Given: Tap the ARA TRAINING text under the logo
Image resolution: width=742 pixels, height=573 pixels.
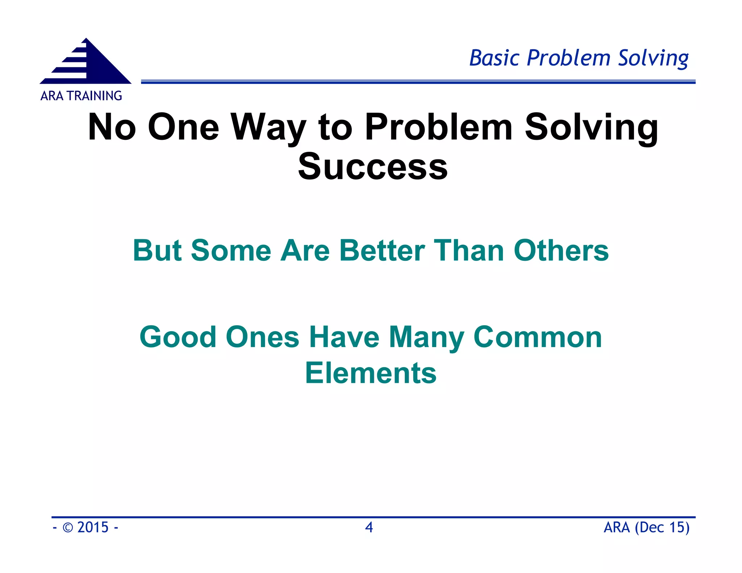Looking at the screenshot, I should point(81,96).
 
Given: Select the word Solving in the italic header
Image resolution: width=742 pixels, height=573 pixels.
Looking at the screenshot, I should point(653,58).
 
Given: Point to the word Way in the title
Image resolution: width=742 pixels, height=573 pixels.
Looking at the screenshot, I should point(268,127).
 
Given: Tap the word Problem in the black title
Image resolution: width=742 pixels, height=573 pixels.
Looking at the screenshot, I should point(438,127).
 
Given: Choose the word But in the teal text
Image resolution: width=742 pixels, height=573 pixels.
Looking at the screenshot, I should point(157,250).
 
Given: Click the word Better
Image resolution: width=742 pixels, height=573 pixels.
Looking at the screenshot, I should point(382,250).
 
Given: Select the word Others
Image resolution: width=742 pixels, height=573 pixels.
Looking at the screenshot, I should point(561,250).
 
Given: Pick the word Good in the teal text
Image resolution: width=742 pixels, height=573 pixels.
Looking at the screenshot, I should point(178,337).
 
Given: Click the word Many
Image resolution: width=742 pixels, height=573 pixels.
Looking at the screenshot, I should point(426,337).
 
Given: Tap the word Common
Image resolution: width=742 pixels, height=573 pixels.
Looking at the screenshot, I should point(538,337).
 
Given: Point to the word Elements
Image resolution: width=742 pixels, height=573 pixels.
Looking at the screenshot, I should point(371,373).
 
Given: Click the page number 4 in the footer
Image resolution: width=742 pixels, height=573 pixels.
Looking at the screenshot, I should point(369,527).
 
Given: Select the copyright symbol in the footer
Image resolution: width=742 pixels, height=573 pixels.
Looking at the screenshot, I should point(68,528).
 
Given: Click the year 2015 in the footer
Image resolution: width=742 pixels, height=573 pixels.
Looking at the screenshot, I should point(93,527).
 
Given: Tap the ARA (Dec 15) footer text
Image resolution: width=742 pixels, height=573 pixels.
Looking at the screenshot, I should point(646,527).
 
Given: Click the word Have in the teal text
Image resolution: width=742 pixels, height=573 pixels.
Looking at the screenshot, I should point(344,337).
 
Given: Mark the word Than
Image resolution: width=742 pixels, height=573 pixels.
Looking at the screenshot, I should point(469,250).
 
